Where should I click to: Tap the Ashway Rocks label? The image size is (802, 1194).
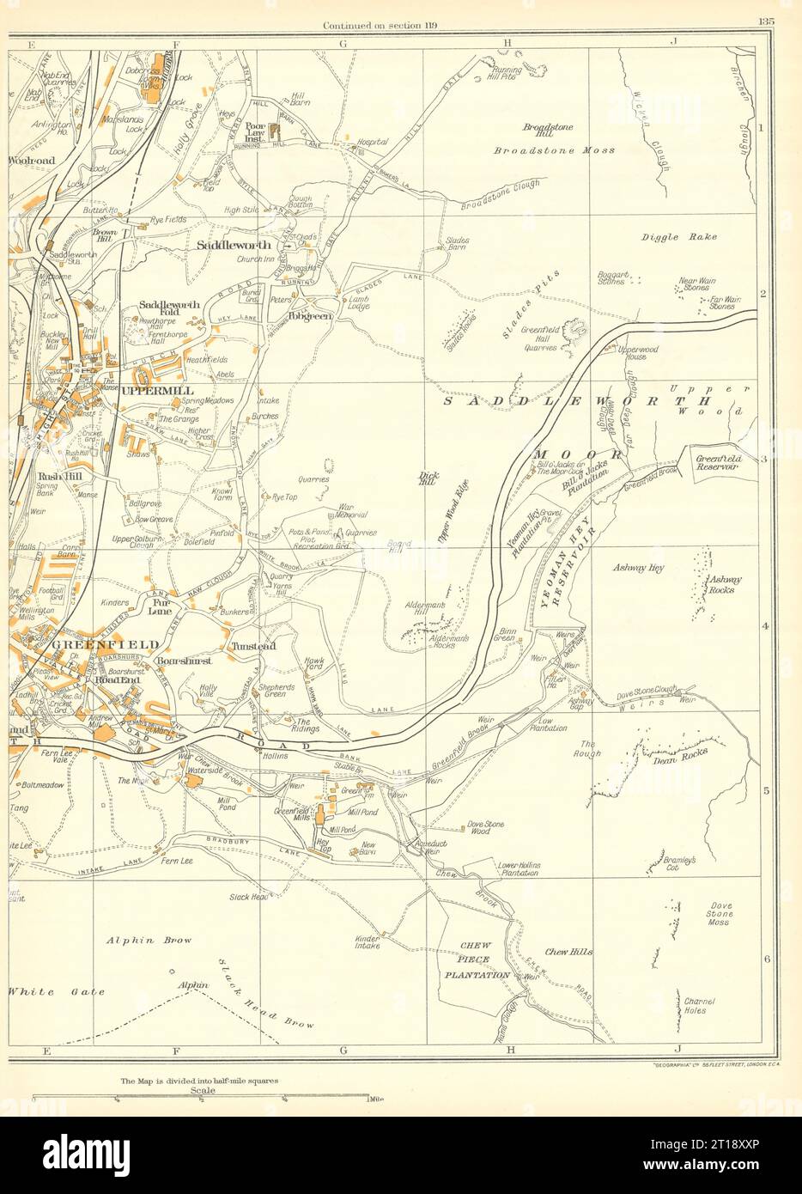(724, 584)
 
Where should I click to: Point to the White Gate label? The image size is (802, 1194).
(57, 991)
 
